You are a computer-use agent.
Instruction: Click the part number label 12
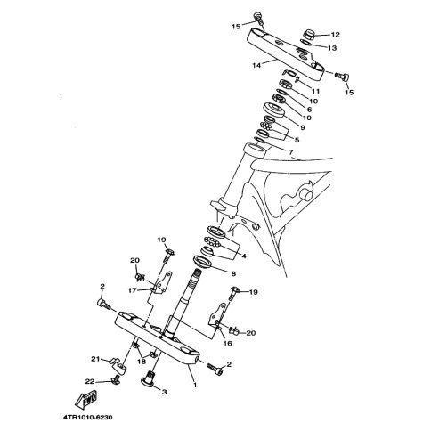(x=335, y=35)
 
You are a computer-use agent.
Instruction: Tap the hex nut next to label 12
(x=310, y=35)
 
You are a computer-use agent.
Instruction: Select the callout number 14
(x=256, y=65)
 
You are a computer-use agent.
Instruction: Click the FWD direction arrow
(x=86, y=399)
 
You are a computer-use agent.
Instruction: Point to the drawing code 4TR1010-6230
(x=88, y=417)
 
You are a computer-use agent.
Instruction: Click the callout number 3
(x=164, y=392)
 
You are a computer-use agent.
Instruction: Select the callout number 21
(x=95, y=359)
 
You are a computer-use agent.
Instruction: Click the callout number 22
(x=90, y=382)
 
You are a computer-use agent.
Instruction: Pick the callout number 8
(x=233, y=273)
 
